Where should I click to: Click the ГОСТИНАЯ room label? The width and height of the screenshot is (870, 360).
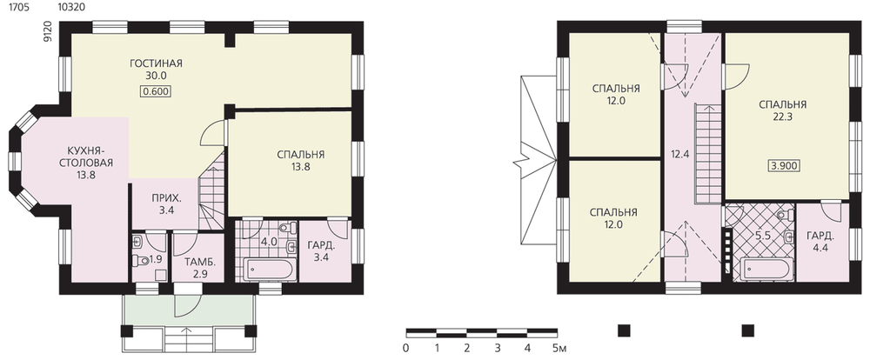point(156,63)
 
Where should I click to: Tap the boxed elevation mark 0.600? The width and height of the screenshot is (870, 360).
point(156,91)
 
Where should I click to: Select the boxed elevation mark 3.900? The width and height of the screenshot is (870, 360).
point(785,165)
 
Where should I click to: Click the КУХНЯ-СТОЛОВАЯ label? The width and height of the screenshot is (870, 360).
point(90,157)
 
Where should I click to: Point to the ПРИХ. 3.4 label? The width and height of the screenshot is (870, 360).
point(164,204)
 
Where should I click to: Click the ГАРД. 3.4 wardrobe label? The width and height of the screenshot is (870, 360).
point(321,252)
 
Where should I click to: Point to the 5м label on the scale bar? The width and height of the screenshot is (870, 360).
point(559,349)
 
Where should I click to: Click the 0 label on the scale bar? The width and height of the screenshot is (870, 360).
point(406,349)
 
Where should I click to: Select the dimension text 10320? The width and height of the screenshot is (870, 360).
point(70,7)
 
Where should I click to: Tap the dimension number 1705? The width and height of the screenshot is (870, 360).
point(11,7)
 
